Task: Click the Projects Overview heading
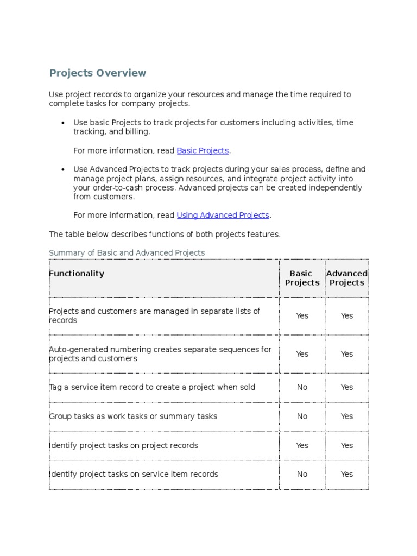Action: (98, 73)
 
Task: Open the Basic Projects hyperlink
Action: (203, 150)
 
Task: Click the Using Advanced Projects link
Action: (223, 215)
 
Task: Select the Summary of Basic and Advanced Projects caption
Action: (127, 252)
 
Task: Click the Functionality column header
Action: (77, 274)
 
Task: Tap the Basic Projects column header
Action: (302, 278)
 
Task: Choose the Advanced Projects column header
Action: (346, 278)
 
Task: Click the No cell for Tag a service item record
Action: (302, 387)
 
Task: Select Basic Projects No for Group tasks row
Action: (302, 416)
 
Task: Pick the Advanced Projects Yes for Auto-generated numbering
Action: (346, 354)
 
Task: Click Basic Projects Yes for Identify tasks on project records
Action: (302, 445)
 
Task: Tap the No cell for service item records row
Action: (302, 474)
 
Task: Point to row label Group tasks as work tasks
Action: (133, 416)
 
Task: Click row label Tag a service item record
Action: (152, 387)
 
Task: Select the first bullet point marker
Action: (64, 123)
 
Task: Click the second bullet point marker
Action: (64, 170)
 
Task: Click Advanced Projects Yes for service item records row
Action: (346, 474)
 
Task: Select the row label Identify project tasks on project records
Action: (124, 445)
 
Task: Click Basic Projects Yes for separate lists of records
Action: (302, 316)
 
